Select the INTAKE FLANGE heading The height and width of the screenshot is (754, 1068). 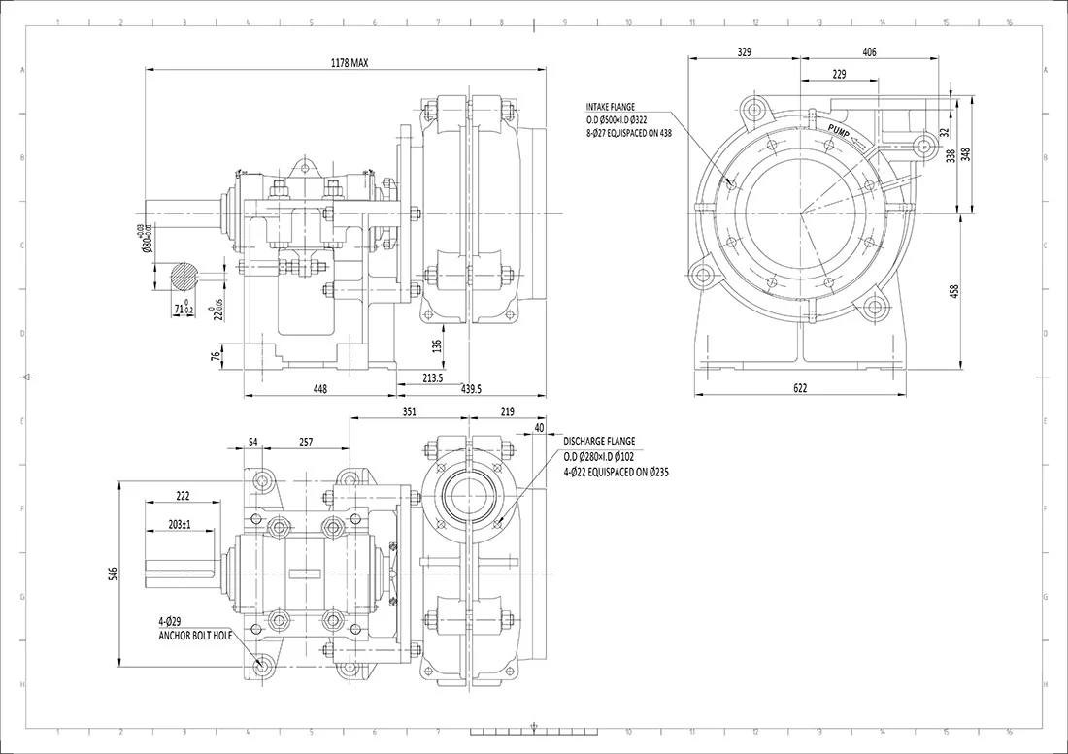tap(610, 107)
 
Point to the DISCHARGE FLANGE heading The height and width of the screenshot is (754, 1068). tap(599, 442)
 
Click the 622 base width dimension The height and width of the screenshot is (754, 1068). tap(799, 387)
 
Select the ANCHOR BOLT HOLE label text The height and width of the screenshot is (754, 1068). tap(195, 636)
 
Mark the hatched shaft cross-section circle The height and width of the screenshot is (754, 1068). tap(177, 279)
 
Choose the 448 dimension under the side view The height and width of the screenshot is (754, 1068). tap(319, 388)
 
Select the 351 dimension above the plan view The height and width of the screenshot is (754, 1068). tap(409, 411)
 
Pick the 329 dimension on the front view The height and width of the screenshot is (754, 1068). tap(745, 51)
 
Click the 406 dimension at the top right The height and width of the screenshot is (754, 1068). tap(869, 51)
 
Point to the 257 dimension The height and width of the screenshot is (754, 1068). tap(305, 442)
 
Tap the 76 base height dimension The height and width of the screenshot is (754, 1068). tap(216, 357)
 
